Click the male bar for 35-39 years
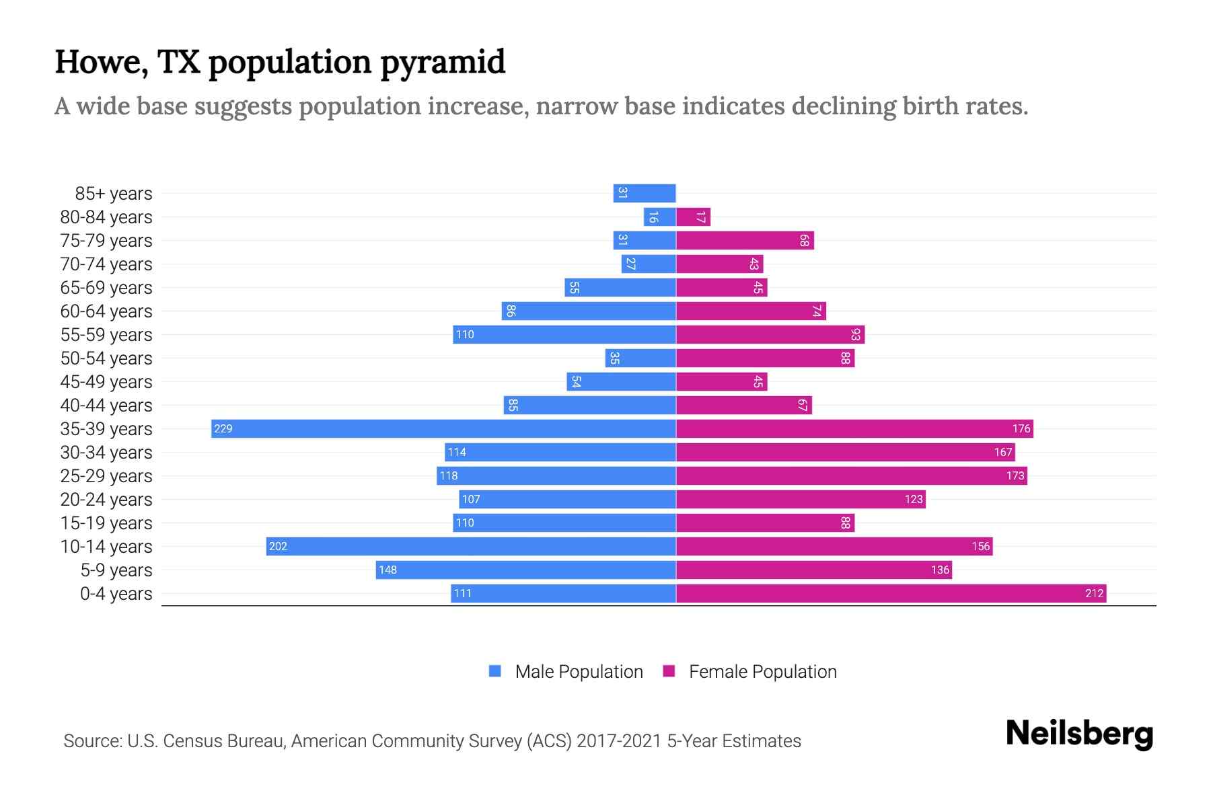pyautogui.click(x=444, y=428)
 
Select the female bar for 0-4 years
pyautogui.click(x=891, y=593)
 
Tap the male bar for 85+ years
pyautogui.click(x=645, y=193)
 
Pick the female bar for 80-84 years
pyautogui.click(x=693, y=217)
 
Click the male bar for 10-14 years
pyautogui.click(x=471, y=546)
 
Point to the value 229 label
pyautogui.click(x=223, y=428)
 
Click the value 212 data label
pyautogui.click(x=1094, y=593)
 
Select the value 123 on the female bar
pyautogui.click(x=914, y=499)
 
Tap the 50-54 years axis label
pyautogui.click(x=106, y=358)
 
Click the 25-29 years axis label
pyautogui.click(x=106, y=476)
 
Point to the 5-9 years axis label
pyautogui.click(x=116, y=570)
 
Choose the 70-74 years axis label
pyautogui.click(x=106, y=264)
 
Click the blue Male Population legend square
pyautogui.click(x=495, y=671)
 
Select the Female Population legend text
pyautogui.click(x=762, y=671)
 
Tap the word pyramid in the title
pyautogui.click(x=442, y=62)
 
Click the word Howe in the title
pyautogui.click(x=101, y=62)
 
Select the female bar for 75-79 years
pyautogui.click(x=745, y=240)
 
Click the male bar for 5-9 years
pyautogui.click(x=525, y=570)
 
